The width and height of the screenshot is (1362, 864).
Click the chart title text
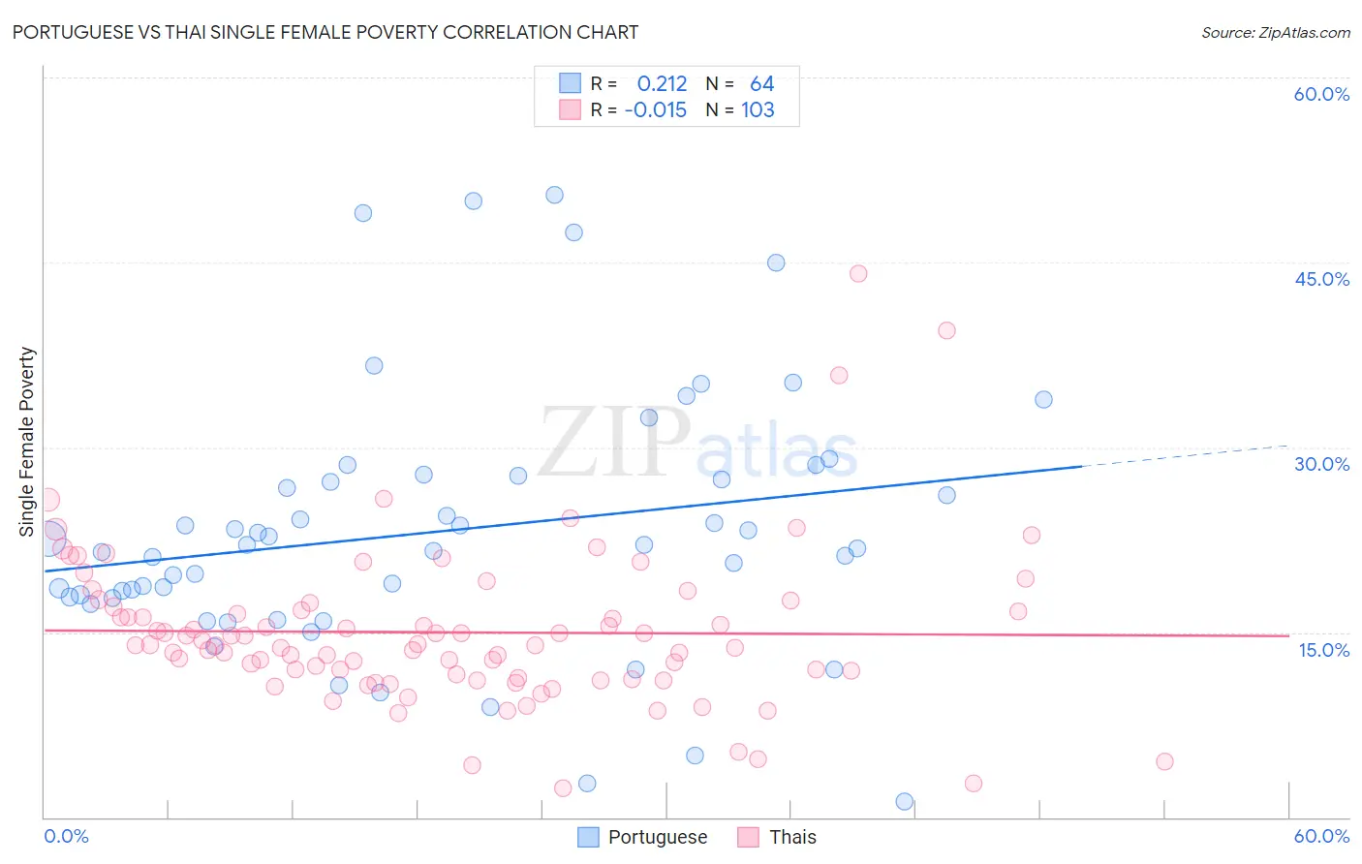tap(325, 32)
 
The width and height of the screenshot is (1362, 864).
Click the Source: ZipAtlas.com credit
tap(1275, 32)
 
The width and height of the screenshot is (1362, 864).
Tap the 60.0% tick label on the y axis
tap(1321, 94)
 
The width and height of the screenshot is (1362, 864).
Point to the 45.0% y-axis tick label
tap(1321, 279)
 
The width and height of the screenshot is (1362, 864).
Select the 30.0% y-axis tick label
tap(1321, 464)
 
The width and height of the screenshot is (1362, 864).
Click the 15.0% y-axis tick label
tap(1323, 650)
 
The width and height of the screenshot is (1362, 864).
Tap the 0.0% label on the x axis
tap(66, 836)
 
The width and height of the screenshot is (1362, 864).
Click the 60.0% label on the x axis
tap(1321, 836)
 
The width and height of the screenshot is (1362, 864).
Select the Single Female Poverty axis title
tap(27, 442)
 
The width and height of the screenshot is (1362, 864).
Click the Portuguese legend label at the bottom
tap(657, 837)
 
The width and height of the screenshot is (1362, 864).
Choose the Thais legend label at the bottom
tap(792, 837)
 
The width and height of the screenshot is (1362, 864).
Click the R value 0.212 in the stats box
tap(662, 84)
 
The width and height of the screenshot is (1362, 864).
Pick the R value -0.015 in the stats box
tap(656, 110)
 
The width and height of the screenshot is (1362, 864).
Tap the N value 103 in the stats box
tap(758, 110)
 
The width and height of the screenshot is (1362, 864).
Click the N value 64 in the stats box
tap(761, 84)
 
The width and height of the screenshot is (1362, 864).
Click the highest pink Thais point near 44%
tap(858, 273)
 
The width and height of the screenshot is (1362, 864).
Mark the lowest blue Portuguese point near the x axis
tap(905, 801)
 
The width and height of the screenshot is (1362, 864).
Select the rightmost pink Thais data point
tap(1164, 761)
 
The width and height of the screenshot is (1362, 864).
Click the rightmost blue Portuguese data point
tap(1043, 399)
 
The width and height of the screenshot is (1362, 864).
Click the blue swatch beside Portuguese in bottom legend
tap(587, 837)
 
